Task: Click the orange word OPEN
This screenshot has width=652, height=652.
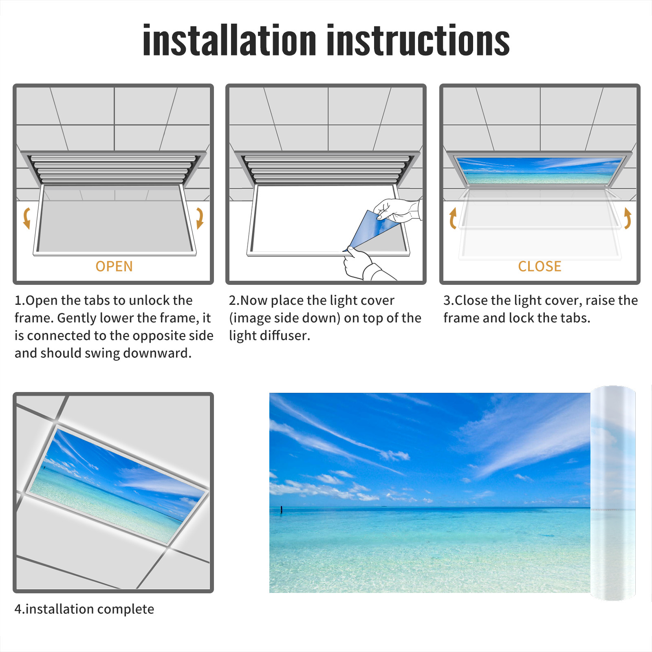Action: [x=114, y=266]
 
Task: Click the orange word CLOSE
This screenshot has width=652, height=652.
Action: [x=540, y=266]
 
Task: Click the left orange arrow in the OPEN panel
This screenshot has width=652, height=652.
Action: [x=26, y=218]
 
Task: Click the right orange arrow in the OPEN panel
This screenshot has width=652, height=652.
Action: [x=200, y=218]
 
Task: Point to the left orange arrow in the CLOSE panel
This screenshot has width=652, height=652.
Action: [x=452, y=218]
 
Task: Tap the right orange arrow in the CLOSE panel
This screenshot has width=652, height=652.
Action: [x=628, y=218]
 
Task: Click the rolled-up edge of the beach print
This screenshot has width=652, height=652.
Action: [x=613, y=493]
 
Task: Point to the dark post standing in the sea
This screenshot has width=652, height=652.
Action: [x=281, y=509]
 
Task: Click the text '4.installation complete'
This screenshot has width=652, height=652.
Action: [x=84, y=609]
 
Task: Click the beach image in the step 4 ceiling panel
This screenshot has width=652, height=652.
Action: [x=118, y=485]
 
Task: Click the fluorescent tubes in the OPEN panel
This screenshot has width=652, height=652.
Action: [x=112, y=169]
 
